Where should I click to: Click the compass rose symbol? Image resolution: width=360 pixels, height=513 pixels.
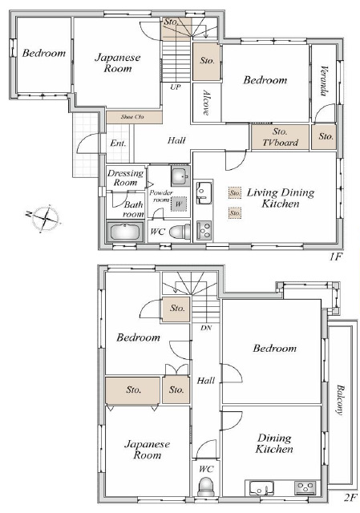[45, 217]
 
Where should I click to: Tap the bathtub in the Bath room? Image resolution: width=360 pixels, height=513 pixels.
[125, 232]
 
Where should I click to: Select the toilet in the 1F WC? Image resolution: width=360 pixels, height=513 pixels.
[180, 232]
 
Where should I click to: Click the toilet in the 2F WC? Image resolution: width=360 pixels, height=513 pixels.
[206, 487]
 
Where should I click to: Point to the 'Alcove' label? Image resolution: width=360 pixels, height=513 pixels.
[206, 103]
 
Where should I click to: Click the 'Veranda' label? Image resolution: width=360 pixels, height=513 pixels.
[324, 81]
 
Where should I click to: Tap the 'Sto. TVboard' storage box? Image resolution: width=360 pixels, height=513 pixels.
[280, 137]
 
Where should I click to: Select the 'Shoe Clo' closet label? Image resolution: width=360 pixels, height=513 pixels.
[132, 117]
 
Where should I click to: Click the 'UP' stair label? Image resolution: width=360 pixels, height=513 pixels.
[176, 87]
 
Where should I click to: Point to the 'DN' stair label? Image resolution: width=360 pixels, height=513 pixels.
[206, 328]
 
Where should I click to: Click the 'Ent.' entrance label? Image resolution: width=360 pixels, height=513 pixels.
[118, 143]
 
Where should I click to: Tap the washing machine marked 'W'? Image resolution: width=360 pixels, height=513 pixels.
[178, 204]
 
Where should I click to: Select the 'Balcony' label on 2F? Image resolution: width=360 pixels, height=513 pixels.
[341, 400]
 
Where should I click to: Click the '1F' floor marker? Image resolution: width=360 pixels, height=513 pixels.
[335, 256]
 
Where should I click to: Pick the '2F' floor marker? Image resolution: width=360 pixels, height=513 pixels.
[350, 499]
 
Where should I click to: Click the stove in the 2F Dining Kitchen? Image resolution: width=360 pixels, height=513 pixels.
[305, 488]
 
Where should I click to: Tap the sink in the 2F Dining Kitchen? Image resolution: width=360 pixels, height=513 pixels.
[261, 489]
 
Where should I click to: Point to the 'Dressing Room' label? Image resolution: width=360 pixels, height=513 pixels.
[126, 178]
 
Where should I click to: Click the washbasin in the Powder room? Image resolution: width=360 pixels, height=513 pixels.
[180, 176]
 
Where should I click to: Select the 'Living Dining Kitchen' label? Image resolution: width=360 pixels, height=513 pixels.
[281, 198]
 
